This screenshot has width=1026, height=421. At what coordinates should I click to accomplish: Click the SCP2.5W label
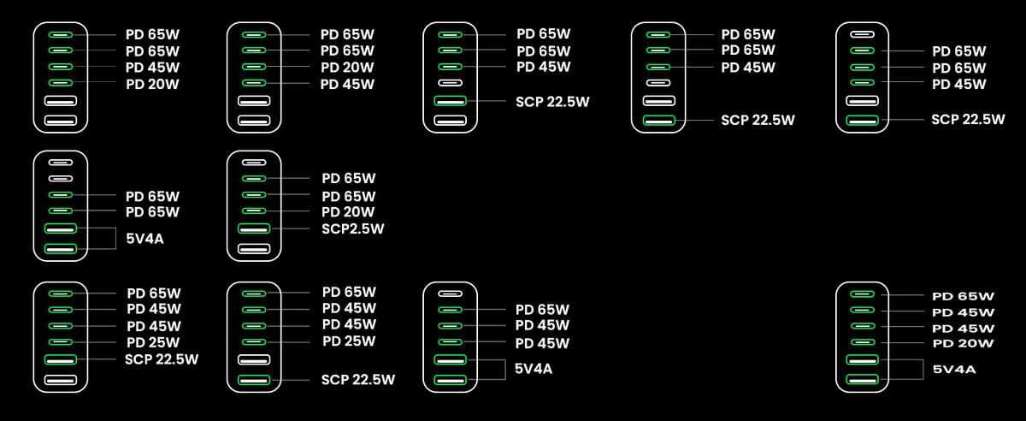[353, 228]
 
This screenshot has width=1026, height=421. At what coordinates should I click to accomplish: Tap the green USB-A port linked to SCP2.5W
[254, 228]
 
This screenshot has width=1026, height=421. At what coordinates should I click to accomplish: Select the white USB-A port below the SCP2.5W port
[254, 249]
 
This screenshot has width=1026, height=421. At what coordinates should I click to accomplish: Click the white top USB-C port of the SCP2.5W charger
[254, 162]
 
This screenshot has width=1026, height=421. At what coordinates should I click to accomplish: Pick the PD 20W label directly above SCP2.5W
[348, 212]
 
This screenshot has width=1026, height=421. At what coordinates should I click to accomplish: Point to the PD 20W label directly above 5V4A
[963, 343]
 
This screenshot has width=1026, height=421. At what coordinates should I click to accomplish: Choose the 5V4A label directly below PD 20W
[954, 370]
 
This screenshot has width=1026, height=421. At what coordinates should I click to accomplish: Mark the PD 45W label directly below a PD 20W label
[347, 84]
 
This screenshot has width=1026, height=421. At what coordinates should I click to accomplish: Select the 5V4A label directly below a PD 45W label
[534, 369]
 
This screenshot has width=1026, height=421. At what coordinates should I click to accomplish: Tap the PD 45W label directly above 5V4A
[542, 343]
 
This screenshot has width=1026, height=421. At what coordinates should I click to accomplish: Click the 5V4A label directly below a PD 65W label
[144, 239]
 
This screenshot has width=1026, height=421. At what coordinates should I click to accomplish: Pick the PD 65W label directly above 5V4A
[152, 212]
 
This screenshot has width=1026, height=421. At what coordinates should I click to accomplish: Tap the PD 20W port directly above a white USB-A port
[60, 83]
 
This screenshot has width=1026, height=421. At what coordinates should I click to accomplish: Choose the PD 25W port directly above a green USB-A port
[60, 342]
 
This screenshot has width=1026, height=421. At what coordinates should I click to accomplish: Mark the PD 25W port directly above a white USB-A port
[254, 342]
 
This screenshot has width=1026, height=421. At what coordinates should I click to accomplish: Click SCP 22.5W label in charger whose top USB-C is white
[968, 119]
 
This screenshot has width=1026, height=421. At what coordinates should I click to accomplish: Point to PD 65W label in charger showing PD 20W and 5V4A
[963, 296]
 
